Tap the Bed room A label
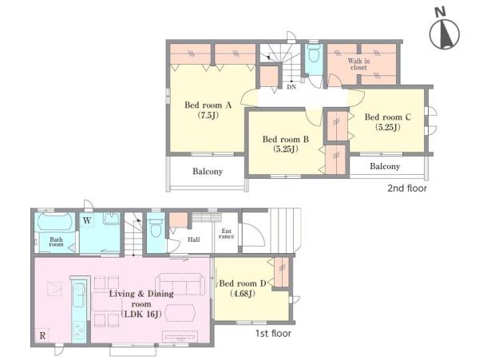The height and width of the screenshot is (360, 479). point(208,105)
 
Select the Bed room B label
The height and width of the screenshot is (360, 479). point(286,140)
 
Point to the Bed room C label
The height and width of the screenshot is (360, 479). point(388,117)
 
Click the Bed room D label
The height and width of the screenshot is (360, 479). point(243,283)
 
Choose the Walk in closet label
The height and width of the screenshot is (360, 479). point(358,64)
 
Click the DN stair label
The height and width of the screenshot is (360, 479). point(291,87)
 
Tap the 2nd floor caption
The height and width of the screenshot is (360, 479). point(407,188)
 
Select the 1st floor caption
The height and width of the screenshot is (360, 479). point(273,334)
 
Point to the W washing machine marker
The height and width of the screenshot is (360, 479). point(87,220)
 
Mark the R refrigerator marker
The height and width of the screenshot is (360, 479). point(42,335)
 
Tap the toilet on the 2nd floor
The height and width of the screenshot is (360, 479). point(314,54)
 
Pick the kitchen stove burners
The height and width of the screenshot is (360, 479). point(79,330)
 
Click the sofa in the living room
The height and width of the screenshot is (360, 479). point(180,284)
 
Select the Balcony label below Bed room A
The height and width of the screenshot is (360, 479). point(208,172)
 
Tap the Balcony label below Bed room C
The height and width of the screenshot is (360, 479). point(385,166)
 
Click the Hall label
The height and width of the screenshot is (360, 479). point(194,239)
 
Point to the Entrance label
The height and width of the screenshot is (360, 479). point(227,234)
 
